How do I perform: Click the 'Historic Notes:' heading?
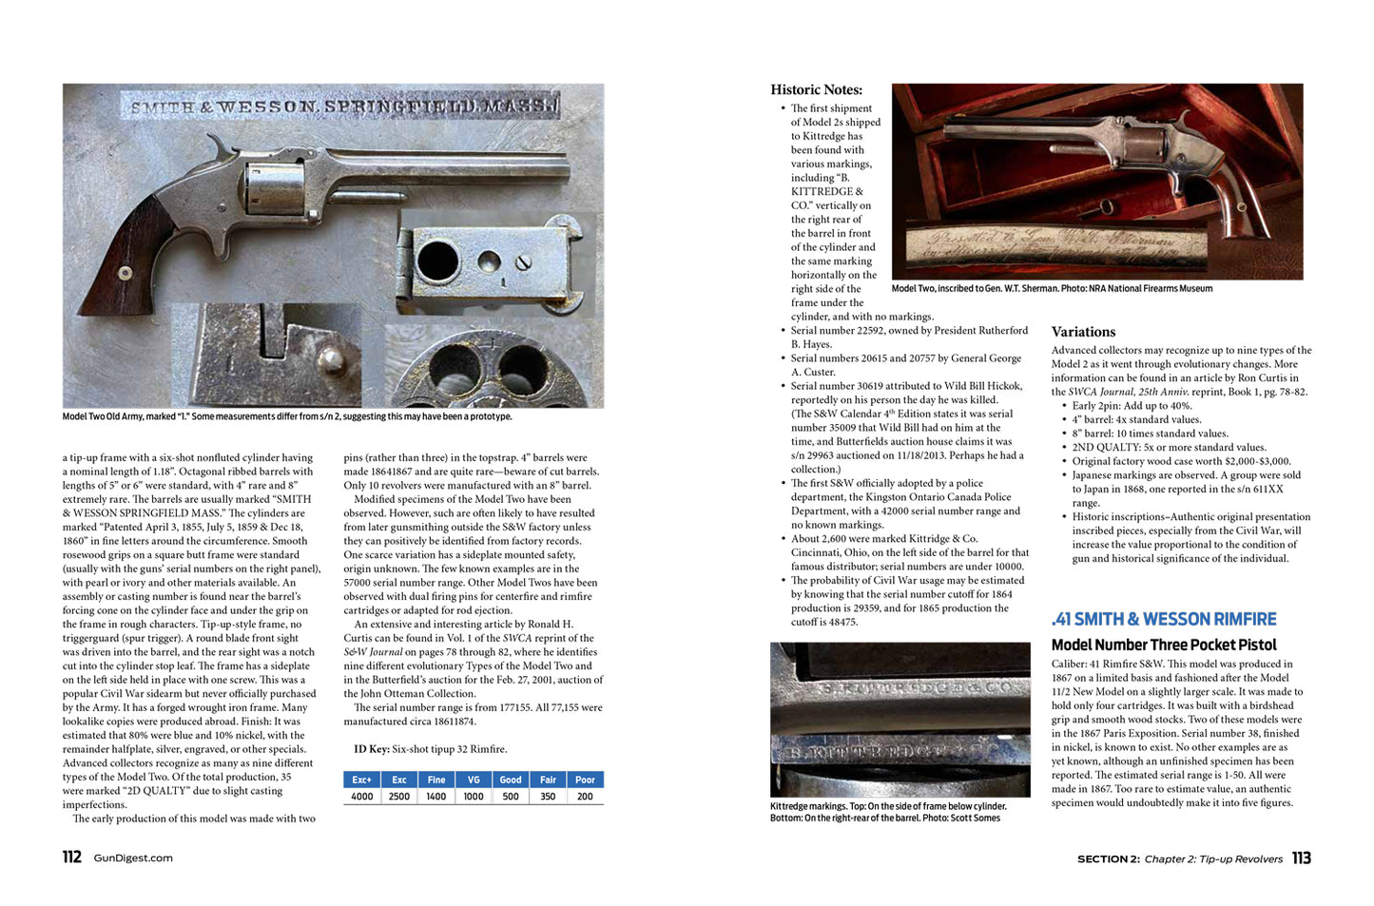point(816,89)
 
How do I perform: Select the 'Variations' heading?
point(1083,332)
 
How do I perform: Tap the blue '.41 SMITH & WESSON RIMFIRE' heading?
point(1164,619)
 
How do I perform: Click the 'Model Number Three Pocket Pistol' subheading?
point(1164,645)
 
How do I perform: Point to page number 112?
point(72,858)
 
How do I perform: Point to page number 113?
point(1301,858)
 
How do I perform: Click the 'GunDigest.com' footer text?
point(133,858)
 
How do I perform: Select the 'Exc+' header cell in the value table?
point(361,780)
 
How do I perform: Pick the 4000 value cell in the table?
point(361,797)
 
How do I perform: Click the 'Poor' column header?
point(585,780)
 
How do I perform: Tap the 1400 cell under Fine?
point(435,797)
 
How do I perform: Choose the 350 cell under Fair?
point(548,797)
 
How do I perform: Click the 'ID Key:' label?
point(371,749)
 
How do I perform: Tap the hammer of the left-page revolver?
point(223,147)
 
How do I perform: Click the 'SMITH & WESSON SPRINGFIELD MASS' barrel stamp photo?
point(342,106)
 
